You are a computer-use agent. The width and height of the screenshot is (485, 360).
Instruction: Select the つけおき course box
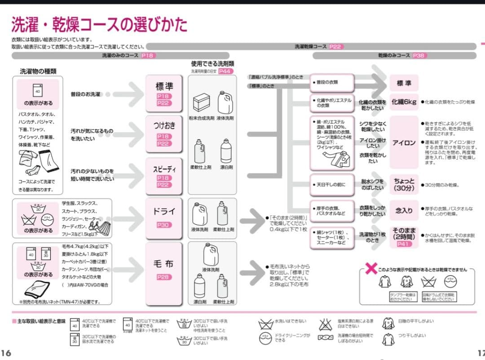click(x=163, y=133)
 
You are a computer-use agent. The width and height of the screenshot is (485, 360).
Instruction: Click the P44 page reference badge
click(x=226, y=71)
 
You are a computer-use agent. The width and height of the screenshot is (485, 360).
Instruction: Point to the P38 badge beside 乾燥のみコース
click(x=419, y=56)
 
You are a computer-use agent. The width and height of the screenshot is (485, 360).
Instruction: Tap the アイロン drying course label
click(x=404, y=143)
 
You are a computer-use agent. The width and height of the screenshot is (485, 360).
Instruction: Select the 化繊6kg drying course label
click(x=404, y=102)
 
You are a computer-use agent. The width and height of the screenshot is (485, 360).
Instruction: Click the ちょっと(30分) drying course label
click(x=404, y=184)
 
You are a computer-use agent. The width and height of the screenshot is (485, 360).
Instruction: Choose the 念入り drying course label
click(x=404, y=210)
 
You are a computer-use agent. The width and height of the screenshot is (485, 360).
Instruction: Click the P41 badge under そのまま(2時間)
click(x=404, y=244)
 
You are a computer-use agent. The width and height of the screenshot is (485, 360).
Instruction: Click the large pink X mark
click(x=371, y=269)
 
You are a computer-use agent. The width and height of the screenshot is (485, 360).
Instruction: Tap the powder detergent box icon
click(x=201, y=102)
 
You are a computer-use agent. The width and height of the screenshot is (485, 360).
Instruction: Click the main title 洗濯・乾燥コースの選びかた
click(x=99, y=25)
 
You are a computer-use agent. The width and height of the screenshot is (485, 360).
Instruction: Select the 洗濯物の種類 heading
click(x=38, y=71)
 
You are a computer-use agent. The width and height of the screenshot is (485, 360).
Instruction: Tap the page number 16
click(x=6, y=352)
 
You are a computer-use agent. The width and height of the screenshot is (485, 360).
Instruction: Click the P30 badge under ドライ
click(x=163, y=225)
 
